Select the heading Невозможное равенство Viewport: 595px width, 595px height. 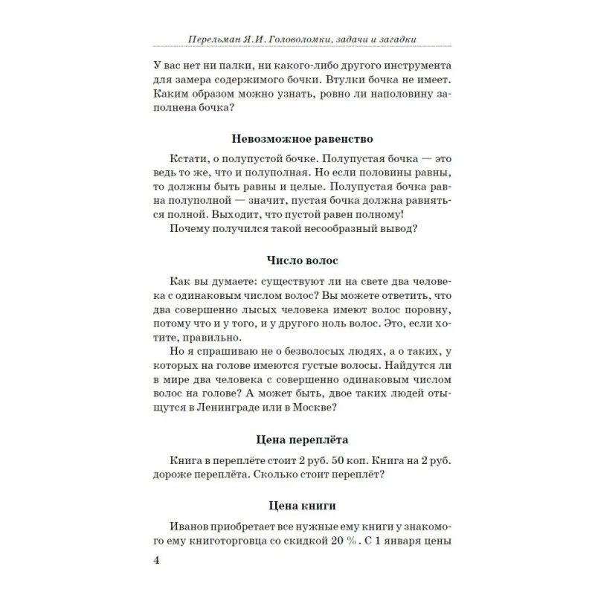[301, 139]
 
